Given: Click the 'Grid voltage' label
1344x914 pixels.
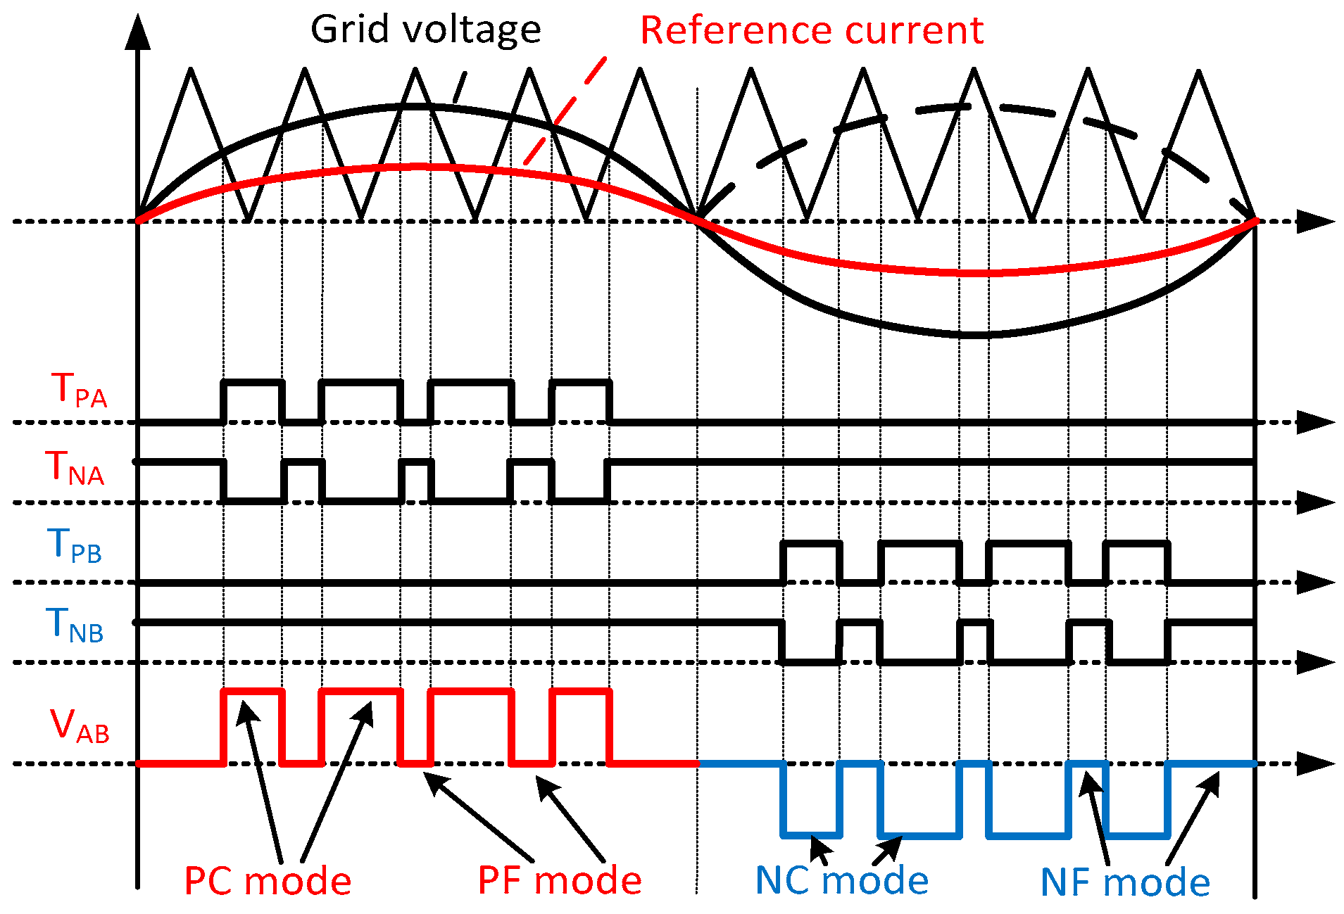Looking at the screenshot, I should pyautogui.click(x=425, y=30).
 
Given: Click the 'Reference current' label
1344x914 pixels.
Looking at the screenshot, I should pyautogui.click(x=811, y=30).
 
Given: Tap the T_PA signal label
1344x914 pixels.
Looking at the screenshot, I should pyautogui.click(x=79, y=391).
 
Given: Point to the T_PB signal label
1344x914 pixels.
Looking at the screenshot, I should pyautogui.click(x=75, y=546).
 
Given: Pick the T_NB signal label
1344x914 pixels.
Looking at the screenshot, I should pyautogui.click(x=75, y=626).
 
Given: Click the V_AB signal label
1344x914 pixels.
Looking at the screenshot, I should pyautogui.click(x=80, y=725).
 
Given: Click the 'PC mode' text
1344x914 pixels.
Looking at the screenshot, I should pyautogui.click(x=268, y=881).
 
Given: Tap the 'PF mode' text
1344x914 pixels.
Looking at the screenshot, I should pyautogui.click(x=560, y=880).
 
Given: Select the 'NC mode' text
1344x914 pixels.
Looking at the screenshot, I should pyautogui.click(x=841, y=880).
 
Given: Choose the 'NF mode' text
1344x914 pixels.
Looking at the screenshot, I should pyautogui.click(x=1124, y=882).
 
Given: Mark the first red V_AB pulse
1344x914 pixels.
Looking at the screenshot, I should pyautogui.click(x=253, y=692).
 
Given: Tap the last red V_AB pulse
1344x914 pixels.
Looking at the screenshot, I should pyautogui.click(x=581, y=692).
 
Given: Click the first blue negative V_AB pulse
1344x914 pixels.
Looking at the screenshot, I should pyautogui.click(x=812, y=834).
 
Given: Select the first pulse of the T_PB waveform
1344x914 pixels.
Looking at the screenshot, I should pyautogui.click(x=812, y=544).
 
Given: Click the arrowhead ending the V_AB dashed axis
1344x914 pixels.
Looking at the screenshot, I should pyautogui.click(x=1315, y=763).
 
